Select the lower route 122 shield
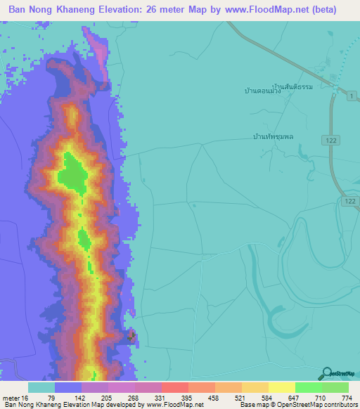350,201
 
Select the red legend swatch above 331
174,387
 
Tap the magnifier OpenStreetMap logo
326,374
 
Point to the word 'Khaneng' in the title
88,10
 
